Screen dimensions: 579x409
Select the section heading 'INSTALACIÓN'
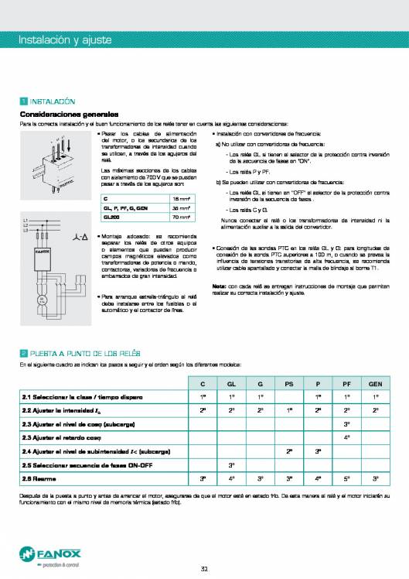point(52,101)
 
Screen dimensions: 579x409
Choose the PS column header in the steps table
point(288,384)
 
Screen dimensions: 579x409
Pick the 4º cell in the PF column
point(346,438)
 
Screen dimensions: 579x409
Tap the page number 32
point(204,570)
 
